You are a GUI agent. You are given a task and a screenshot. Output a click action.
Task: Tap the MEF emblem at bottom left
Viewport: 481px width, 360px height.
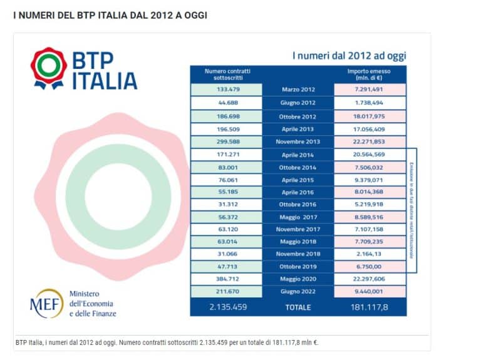pyautogui.click(x=46, y=304)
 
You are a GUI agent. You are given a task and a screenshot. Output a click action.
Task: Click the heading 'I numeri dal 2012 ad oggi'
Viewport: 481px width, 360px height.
pyautogui.click(x=349, y=56)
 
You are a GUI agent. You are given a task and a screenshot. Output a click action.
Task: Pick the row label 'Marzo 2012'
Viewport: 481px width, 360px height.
pyautogui.click(x=298, y=90)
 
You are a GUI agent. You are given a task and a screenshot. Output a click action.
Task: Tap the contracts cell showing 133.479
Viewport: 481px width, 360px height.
pyautogui.click(x=225, y=90)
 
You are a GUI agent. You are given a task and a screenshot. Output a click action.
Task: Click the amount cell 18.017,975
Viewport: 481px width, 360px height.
pyautogui.click(x=370, y=116)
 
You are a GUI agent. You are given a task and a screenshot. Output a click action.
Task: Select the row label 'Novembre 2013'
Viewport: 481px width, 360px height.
pyautogui.click(x=298, y=141)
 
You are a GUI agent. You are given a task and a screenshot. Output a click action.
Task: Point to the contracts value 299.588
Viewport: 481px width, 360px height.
pyautogui.click(x=225, y=141)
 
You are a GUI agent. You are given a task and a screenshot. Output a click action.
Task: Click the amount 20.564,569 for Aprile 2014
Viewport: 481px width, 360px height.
pyautogui.click(x=370, y=155)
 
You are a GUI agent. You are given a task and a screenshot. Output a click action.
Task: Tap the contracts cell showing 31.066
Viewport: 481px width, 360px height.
pyautogui.click(x=225, y=254)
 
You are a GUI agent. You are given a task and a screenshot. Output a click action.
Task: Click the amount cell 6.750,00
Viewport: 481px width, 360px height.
pyautogui.click(x=370, y=267)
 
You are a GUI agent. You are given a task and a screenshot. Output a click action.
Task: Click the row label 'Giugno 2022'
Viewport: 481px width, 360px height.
pyautogui.click(x=298, y=292)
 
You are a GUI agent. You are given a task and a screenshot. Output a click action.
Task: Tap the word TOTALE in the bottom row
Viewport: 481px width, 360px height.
pyautogui.click(x=298, y=307)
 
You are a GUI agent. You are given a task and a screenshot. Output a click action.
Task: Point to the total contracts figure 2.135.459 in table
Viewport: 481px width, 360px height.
pyautogui.click(x=225, y=307)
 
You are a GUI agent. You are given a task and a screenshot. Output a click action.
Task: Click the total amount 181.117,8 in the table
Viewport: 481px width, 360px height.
pyautogui.click(x=370, y=307)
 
